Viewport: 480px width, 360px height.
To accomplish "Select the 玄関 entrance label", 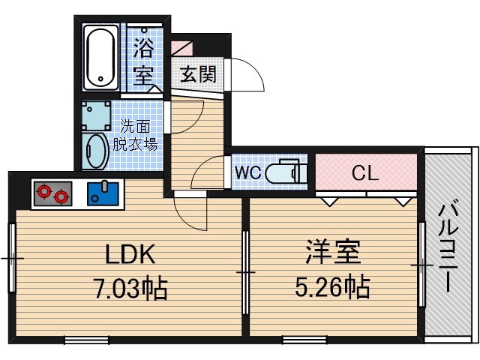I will tap(198, 74).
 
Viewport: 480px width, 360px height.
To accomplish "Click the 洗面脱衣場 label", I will tap(139, 135).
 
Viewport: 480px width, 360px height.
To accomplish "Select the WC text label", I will tap(248, 172).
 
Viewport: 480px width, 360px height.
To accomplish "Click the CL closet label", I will tap(365, 172).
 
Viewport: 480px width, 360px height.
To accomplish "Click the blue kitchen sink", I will tap(103, 194).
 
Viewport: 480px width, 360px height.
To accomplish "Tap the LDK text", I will tap(129, 255).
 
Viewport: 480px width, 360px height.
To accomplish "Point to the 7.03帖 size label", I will tap(129, 287).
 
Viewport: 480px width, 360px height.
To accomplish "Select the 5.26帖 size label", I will tap(333, 287).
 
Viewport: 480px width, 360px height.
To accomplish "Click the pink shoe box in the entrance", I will tap(182, 46).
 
